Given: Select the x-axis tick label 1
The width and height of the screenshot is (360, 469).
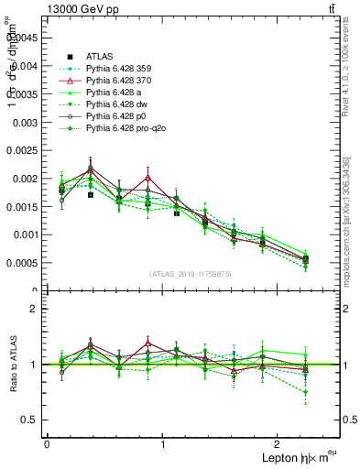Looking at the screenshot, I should coord(163,443).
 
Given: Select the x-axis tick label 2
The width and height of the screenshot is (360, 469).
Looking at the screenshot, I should coord(279,443).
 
